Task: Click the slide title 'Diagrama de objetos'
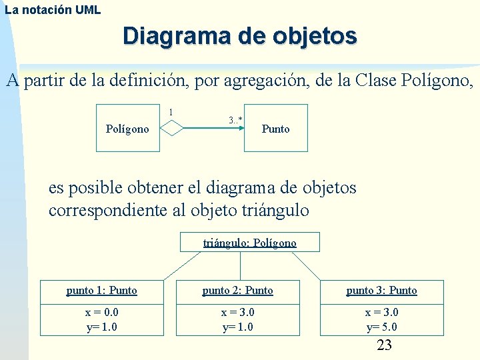(x=239, y=36)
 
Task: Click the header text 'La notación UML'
(x=53, y=9)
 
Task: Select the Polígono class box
(x=128, y=128)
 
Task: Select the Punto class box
(x=275, y=128)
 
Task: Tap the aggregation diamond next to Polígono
(x=172, y=127)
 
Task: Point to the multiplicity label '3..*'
(x=235, y=120)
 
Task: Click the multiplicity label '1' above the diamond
(x=171, y=111)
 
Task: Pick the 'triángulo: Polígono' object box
(x=250, y=243)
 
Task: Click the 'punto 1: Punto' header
(x=102, y=290)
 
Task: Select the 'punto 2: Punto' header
(x=238, y=290)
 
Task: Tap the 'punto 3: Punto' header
(x=381, y=290)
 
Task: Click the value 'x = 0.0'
(x=102, y=312)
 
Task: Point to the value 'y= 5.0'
(x=381, y=327)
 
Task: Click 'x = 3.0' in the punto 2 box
(x=238, y=312)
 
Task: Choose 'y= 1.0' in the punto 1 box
(x=102, y=327)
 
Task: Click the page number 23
(x=385, y=345)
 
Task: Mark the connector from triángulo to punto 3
(x=306, y=266)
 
